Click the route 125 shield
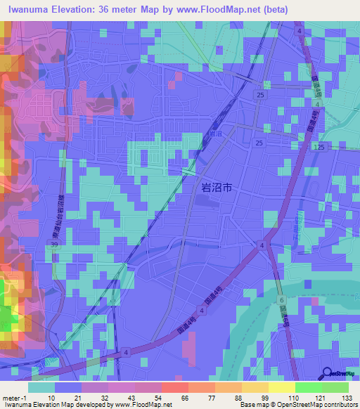click(321, 147)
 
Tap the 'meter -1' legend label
click(14, 397)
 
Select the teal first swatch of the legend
click(41, 387)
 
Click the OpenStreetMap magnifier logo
click(327, 373)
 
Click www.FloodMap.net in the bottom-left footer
click(144, 405)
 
